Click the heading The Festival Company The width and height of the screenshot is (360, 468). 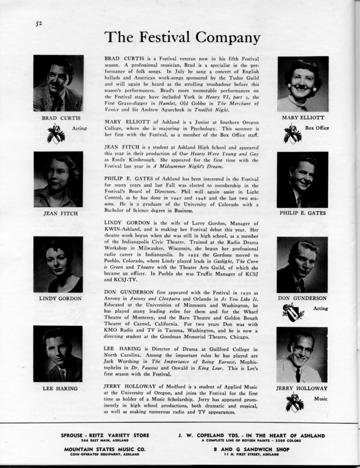tap(182, 38)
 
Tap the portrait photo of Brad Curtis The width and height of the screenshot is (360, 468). tap(58, 83)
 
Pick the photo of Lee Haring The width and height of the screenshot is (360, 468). tap(58, 355)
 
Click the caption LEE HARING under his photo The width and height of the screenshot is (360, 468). tap(57, 388)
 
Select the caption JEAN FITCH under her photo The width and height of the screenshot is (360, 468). tap(57, 214)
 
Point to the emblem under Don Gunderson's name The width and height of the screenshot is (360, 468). tap(293, 316)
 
